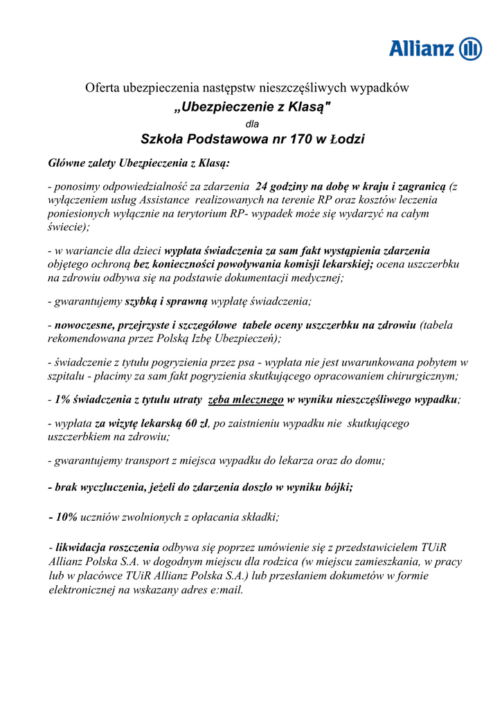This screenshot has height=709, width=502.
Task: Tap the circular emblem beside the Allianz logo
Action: tap(471, 49)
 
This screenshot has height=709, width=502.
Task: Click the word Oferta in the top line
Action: tap(102, 88)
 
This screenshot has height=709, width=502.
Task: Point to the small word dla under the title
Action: tap(252, 124)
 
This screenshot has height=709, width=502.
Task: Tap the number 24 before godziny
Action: tap(262, 186)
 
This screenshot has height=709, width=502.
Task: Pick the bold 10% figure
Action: tap(64, 517)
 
